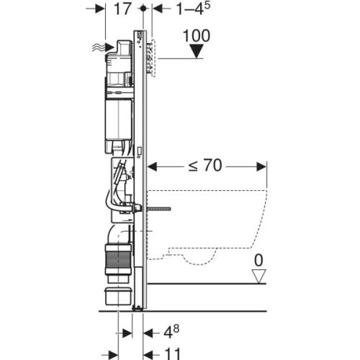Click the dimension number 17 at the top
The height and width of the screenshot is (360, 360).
click(x=123, y=10)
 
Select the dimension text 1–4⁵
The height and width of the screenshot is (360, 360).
click(x=175, y=10)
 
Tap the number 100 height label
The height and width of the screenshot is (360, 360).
click(x=197, y=35)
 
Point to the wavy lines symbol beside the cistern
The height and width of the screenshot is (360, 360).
click(x=96, y=48)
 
